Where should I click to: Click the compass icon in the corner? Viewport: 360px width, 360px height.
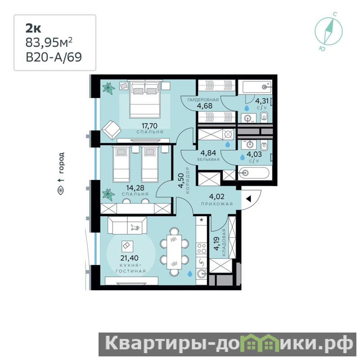[x=328, y=31]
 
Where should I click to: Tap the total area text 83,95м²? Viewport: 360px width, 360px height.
[x=49, y=42]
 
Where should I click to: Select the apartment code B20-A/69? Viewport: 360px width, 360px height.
[x=54, y=57]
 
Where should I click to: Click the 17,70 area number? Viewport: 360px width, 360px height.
[x=149, y=126]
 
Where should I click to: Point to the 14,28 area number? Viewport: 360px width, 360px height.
[x=135, y=188]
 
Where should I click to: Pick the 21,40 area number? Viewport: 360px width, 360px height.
[x=130, y=258]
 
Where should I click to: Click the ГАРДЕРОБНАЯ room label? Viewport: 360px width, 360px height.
[x=203, y=100]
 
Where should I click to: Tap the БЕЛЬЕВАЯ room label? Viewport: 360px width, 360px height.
[x=208, y=159]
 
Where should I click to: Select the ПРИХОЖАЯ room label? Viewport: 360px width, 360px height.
[x=217, y=204]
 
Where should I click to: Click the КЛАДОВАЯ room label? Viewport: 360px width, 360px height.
[x=224, y=243]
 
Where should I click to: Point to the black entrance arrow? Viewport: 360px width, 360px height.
[x=248, y=199]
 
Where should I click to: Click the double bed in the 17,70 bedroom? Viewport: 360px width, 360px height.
[x=144, y=99]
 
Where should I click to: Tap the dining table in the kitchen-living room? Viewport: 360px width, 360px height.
[x=174, y=252]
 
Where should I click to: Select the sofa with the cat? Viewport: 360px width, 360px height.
[x=127, y=225]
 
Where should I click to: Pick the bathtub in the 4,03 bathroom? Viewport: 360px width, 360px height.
[x=254, y=173]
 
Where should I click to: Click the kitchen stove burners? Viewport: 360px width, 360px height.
[x=202, y=248]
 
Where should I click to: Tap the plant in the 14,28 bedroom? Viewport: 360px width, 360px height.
[x=108, y=194]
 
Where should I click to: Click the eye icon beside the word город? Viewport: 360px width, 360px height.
[x=61, y=190]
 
